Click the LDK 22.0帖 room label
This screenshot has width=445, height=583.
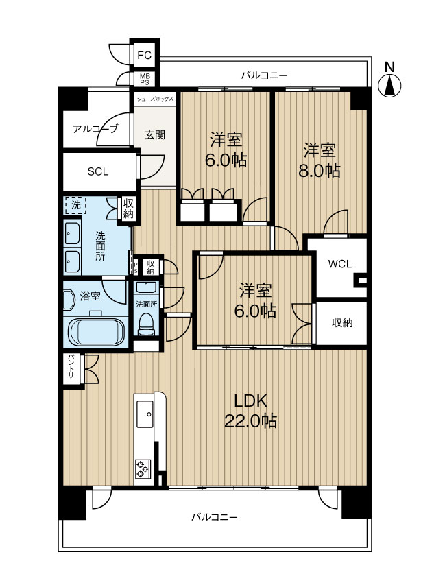coord(250,411)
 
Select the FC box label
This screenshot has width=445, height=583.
coord(145,56)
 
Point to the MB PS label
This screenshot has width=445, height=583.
coord(145,79)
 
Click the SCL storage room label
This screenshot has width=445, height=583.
coord(98,171)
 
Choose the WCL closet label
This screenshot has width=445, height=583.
coord(340,264)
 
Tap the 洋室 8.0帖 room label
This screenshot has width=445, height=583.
coord(320,160)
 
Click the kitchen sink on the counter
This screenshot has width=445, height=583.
coord(145,414)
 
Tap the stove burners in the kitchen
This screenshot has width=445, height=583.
coord(143,468)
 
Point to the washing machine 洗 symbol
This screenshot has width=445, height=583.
coord(75,205)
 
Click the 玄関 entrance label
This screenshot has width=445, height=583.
coord(155,134)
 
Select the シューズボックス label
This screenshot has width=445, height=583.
coord(155,99)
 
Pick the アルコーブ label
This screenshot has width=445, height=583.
coord(95,129)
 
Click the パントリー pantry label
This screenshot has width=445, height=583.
coord(71,369)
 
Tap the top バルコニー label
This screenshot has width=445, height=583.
coord(264,76)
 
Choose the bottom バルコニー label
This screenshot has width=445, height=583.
coord(215,517)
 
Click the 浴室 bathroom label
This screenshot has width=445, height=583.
coord(90,296)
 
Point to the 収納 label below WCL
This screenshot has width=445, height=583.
coord(342,323)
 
